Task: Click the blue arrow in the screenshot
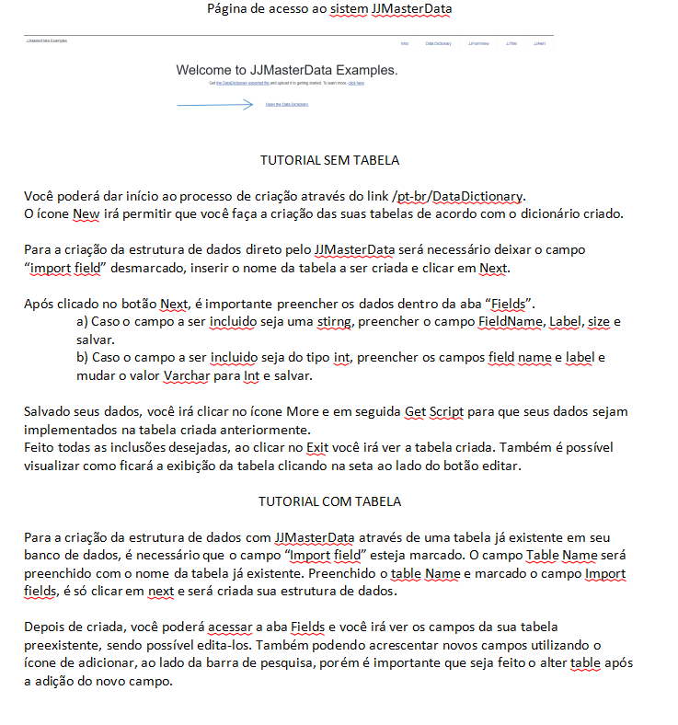pyautogui.click(x=214, y=105)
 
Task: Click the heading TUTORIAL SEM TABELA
pyautogui.click(x=329, y=160)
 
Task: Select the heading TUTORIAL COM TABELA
pyautogui.click(x=329, y=502)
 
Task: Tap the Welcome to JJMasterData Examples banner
pyautogui.click(x=287, y=70)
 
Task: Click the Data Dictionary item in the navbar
pyautogui.click(x=438, y=43)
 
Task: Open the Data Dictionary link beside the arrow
pyautogui.click(x=286, y=105)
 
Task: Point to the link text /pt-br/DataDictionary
pyautogui.click(x=457, y=196)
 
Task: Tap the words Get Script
pyautogui.click(x=432, y=411)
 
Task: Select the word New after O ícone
pyautogui.click(x=86, y=214)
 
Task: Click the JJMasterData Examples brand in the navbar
pyautogui.click(x=47, y=40)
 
